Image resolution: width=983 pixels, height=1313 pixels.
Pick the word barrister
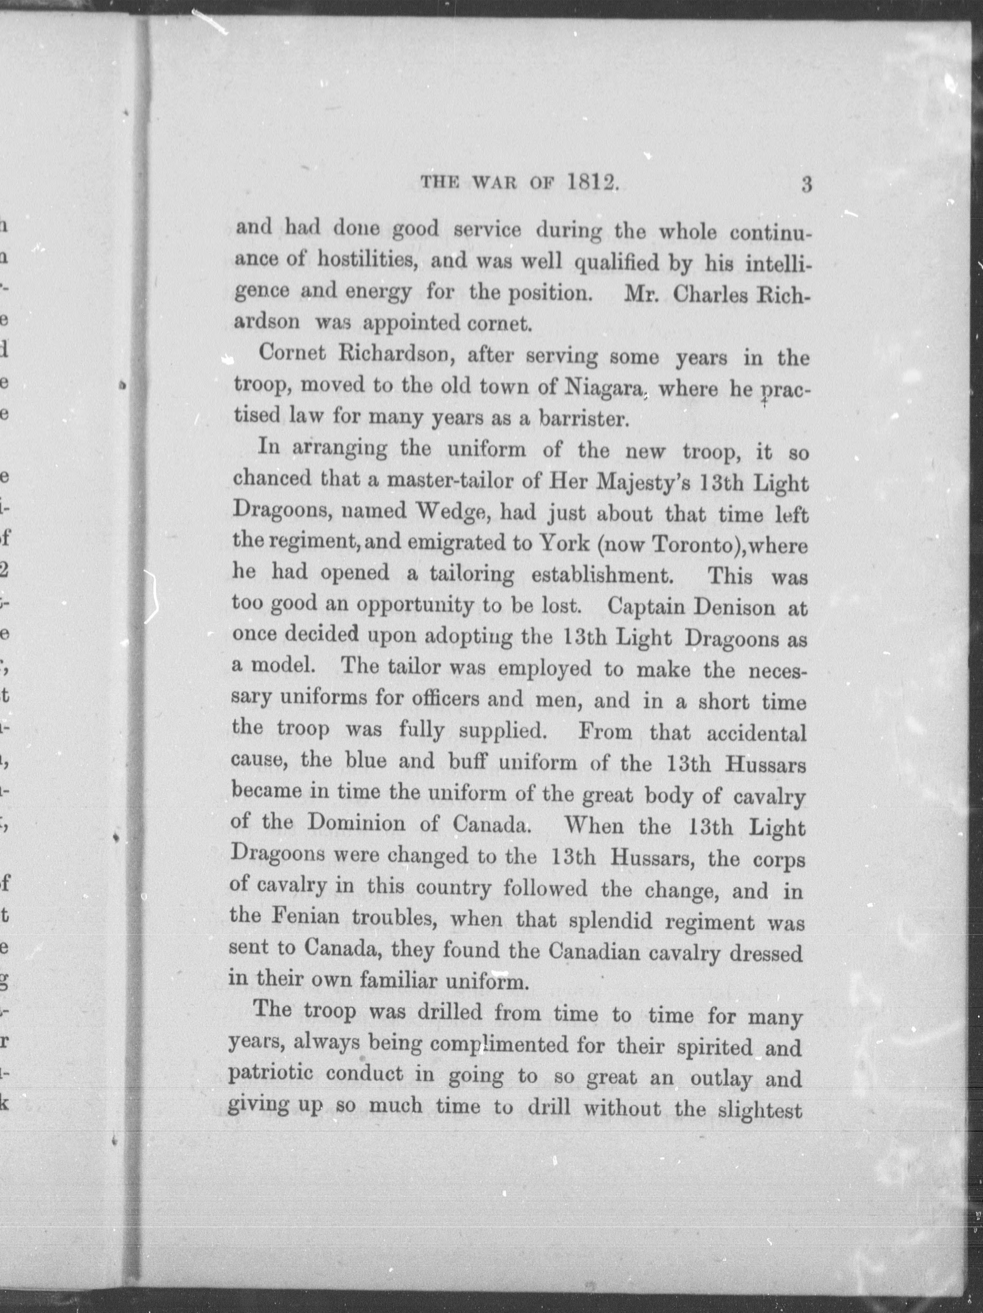coord(583,419)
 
